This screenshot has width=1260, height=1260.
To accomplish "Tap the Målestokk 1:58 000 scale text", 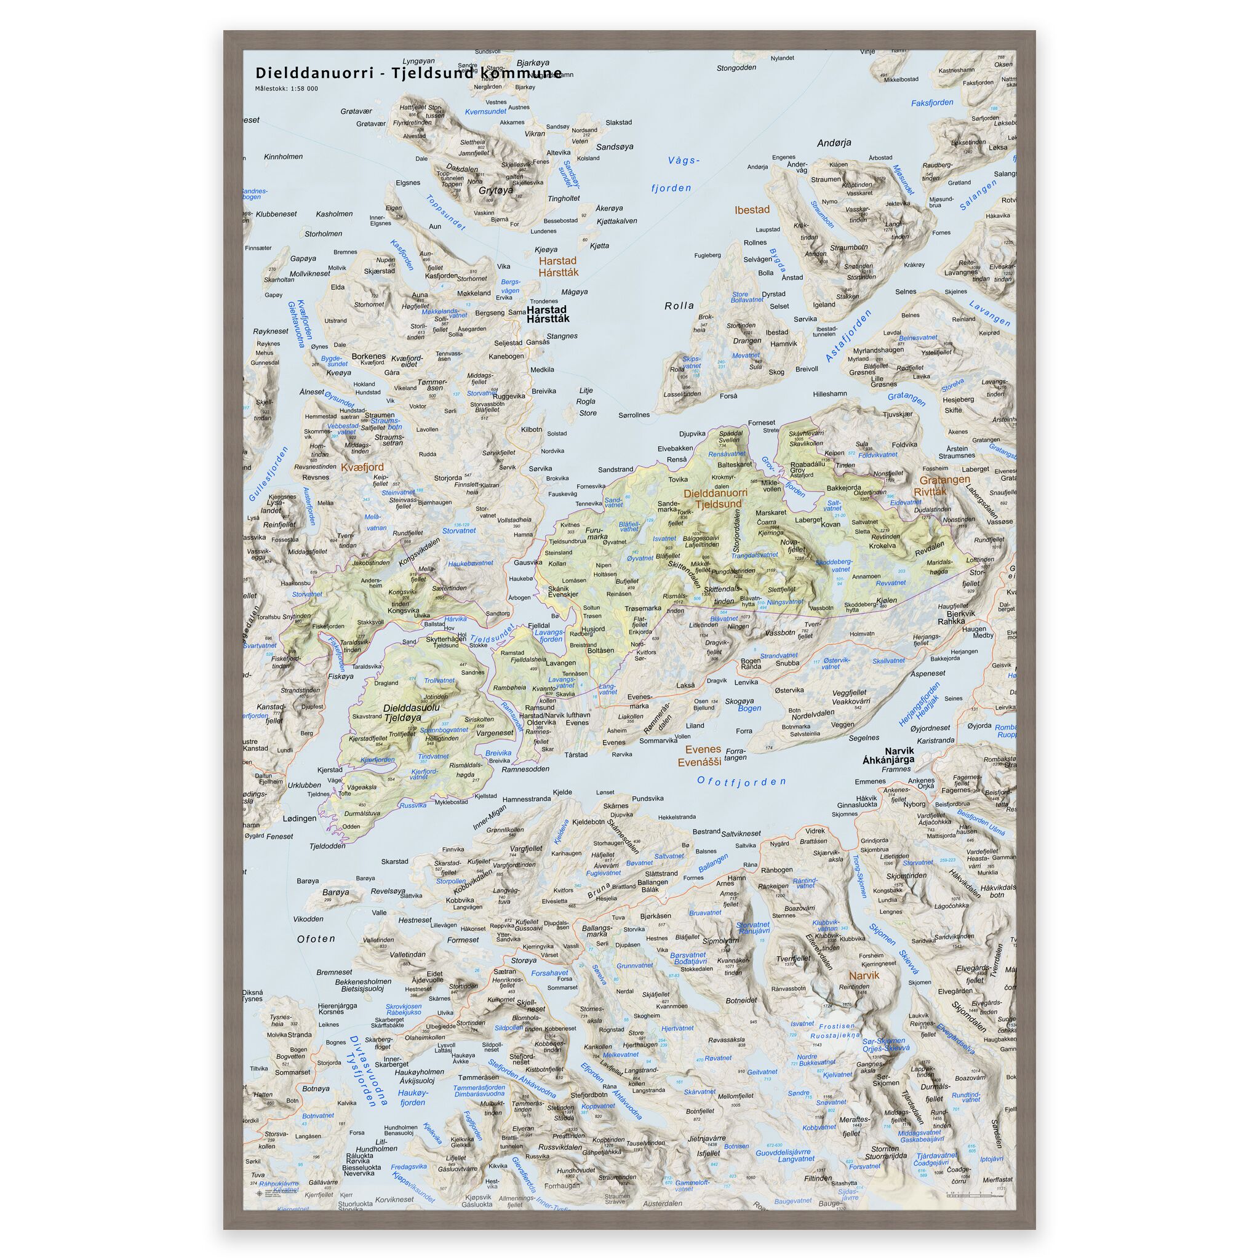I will pyautogui.click(x=286, y=89).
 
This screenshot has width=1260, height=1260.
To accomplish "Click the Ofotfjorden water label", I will pyautogui.click(x=741, y=781).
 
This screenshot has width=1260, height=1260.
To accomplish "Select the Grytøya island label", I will pyautogui.click(x=496, y=191).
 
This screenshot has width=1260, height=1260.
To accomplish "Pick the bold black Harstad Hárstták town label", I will pyautogui.click(x=548, y=314).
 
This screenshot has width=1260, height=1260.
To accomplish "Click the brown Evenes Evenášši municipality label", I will pyautogui.click(x=703, y=756).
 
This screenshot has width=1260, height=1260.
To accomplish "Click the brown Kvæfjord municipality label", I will pyautogui.click(x=361, y=467).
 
